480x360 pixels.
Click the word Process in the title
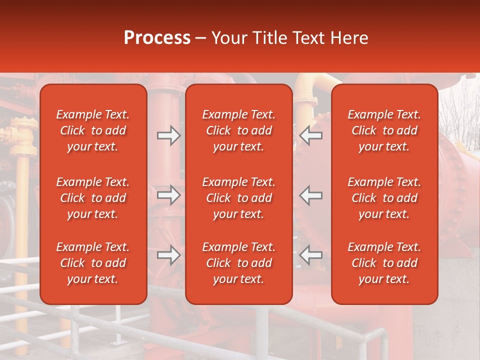pyautogui.click(x=157, y=38)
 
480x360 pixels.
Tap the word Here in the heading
pyautogui.click(x=348, y=38)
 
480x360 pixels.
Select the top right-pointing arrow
pyautogui.click(x=168, y=135)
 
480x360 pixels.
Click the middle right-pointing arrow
pyautogui.click(x=168, y=195)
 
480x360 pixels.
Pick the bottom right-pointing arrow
pyautogui.click(x=168, y=255)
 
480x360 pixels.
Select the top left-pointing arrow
pyautogui.click(x=310, y=135)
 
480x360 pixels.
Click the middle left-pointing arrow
pyautogui.click(x=310, y=195)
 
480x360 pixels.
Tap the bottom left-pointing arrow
pyautogui.click(x=310, y=255)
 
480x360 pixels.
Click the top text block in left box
pyautogui.click(x=93, y=130)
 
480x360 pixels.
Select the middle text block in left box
pyautogui.click(x=93, y=198)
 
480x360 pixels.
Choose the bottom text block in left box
pyautogui.click(x=93, y=263)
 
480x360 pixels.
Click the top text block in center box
pyautogui.click(x=238, y=130)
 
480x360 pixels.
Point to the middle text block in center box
pyautogui.click(x=238, y=198)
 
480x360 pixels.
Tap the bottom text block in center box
pyautogui.click(x=238, y=263)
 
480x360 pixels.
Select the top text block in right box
pyautogui.click(x=384, y=130)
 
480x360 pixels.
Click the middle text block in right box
pyautogui.click(x=384, y=198)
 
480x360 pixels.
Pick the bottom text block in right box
pyautogui.click(x=384, y=263)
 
